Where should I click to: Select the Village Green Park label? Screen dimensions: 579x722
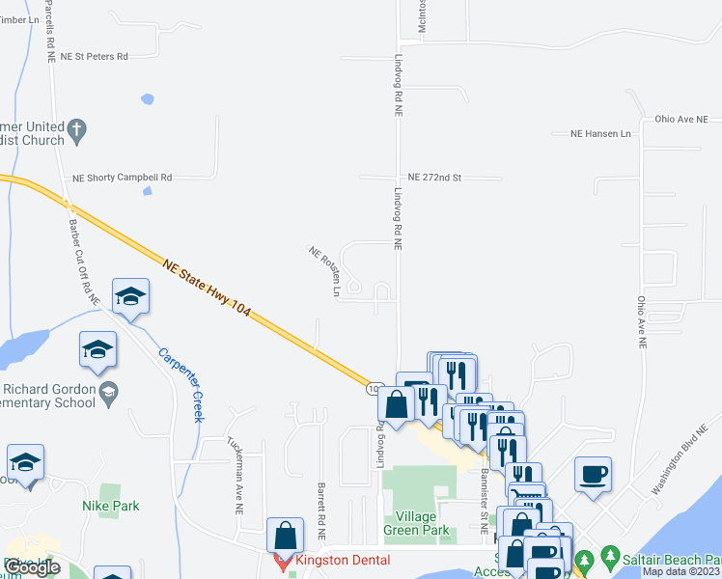[416, 523]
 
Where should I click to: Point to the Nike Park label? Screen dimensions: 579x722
[111, 506]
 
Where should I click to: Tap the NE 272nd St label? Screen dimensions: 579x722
[434, 178]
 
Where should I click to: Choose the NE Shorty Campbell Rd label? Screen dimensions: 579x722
[123, 178]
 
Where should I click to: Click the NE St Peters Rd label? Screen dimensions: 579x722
[94, 57]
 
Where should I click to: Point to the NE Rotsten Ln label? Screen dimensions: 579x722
[325, 270]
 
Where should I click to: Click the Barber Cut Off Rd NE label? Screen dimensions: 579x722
[84, 262]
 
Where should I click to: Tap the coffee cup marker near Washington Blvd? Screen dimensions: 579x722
[593, 475]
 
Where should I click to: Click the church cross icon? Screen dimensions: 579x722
[78, 127]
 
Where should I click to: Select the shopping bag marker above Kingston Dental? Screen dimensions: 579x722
[286, 535]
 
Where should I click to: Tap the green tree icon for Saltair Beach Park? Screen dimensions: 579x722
[609, 557]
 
